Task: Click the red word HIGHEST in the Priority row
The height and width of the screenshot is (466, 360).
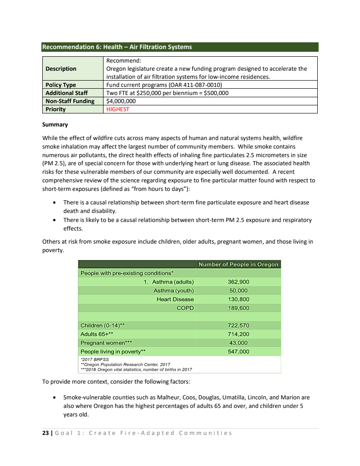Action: [117, 109]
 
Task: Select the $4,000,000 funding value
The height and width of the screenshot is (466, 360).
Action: [121, 101]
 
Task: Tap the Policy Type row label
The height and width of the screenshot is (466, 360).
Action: [61, 85]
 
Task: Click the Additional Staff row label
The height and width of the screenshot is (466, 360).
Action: [67, 93]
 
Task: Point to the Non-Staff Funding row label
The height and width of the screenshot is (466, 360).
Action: [70, 101]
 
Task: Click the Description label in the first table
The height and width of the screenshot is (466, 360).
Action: [61, 69]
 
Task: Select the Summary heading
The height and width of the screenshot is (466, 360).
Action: [55, 125]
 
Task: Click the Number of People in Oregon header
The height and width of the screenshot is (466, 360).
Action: [238, 264]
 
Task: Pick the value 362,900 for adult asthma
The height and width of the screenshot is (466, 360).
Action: [238, 282]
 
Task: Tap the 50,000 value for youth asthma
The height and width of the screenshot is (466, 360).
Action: [238, 290]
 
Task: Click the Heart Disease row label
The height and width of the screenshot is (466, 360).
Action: [175, 299]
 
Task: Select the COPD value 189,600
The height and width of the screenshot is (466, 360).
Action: [238, 308]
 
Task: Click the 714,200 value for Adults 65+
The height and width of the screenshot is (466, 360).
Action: [238, 334]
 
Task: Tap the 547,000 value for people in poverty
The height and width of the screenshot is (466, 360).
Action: [238, 352]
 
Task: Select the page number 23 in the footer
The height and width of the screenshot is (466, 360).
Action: [45, 433]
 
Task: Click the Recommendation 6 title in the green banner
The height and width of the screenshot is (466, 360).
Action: [117, 47]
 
